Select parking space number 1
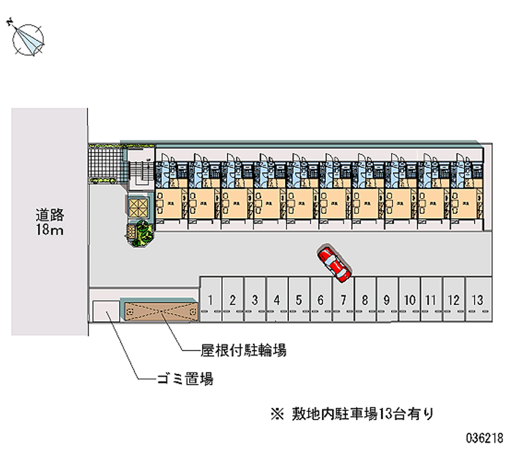[x=211, y=299]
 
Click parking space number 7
[x=343, y=299]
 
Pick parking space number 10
[x=409, y=299]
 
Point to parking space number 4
[x=277, y=299]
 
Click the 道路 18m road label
[x=49, y=221]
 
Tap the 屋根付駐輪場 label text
[x=234, y=350]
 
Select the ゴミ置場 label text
[x=184, y=380]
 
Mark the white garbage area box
[x=104, y=312]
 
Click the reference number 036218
[x=483, y=437]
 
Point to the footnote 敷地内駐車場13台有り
[x=362, y=414]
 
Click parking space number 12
[x=453, y=299]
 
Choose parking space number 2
[x=233, y=299]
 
